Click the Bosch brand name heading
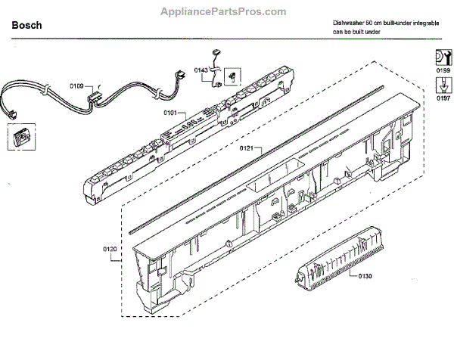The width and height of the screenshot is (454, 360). [x=27, y=26]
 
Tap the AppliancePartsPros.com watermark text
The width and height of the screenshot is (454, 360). [x=224, y=11]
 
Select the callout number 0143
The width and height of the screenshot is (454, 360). [x=201, y=69]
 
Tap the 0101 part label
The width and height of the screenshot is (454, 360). [x=170, y=113]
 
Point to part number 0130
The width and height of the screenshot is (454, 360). [x=365, y=275]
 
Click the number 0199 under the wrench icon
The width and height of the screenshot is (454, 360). [x=442, y=70]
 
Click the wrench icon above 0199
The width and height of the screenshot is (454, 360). [x=442, y=57]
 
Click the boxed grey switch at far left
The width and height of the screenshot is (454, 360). [x=19, y=139]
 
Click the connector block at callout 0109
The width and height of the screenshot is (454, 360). [x=95, y=95]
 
